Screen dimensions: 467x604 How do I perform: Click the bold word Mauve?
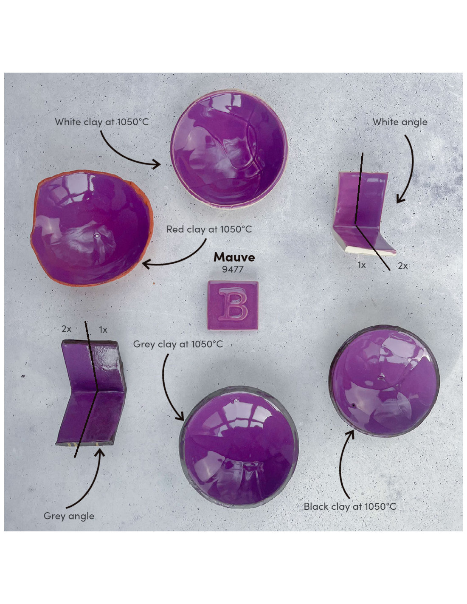(x=234, y=257)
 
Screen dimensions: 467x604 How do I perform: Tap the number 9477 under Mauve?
(x=233, y=269)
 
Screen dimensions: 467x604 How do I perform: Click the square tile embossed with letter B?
(x=233, y=305)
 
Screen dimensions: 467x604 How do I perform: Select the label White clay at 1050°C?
(x=102, y=122)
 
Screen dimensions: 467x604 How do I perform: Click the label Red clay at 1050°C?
(x=209, y=229)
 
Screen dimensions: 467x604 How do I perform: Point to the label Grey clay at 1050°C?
(x=178, y=344)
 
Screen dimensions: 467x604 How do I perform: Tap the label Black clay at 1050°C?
(x=350, y=506)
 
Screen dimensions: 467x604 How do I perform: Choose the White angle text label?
(x=400, y=122)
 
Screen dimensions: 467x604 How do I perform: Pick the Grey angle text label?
(x=69, y=516)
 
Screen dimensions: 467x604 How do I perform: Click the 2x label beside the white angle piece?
(x=402, y=266)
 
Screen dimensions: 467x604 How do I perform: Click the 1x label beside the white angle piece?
(x=361, y=265)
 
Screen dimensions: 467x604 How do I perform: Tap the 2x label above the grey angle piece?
(x=66, y=329)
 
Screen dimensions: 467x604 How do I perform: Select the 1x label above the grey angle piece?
(x=103, y=330)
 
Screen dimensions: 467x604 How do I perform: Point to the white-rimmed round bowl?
(x=229, y=149)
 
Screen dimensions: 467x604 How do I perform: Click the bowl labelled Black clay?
(x=384, y=381)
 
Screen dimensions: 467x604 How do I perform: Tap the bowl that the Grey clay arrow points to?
(x=239, y=447)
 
